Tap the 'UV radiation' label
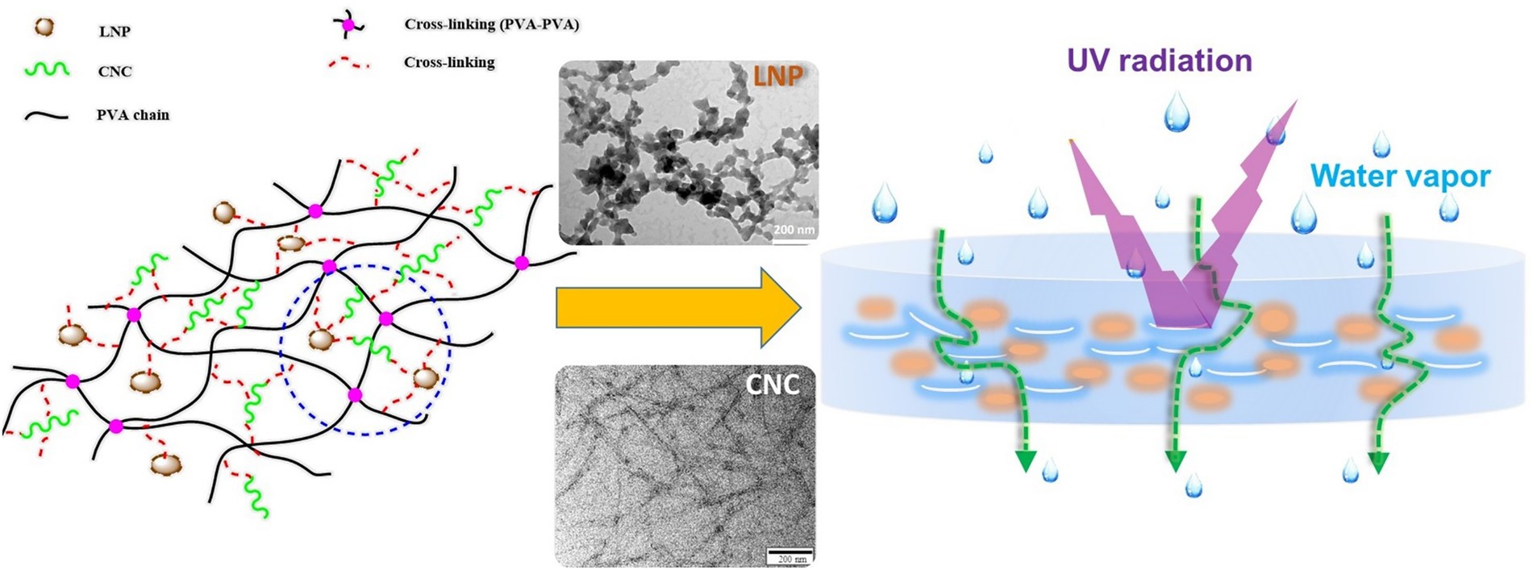pyautogui.click(x=1159, y=60)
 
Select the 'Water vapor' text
pyautogui.click(x=1400, y=176)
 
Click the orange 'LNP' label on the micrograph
pyautogui.click(x=777, y=77)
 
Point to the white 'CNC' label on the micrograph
pyautogui.click(x=773, y=385)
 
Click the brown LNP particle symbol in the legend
pyautogui.click(x=44, y=27)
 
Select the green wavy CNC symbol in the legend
pyautogui.click(x=47, y=69)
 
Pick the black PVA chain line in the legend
pyautogui.click(x=47, y=115)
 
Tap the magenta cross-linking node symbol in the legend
pyautogui.click(x=348, y=25)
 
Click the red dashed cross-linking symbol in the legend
pyautogui.click(x=348, y=63)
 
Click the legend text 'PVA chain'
pyautogui.click(x=133, y=115)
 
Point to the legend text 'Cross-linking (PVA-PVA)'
pyautogui.click(x=491, y=24)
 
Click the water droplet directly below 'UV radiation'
pyautogui.click(x=1177, y=112)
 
